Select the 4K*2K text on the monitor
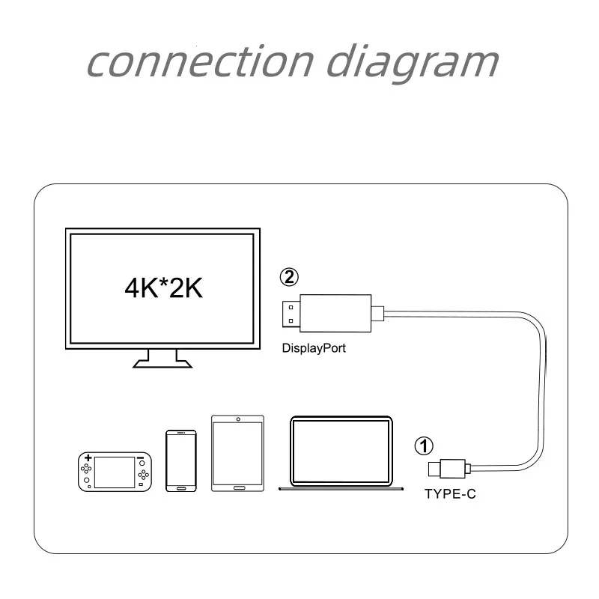[x=163, y=288]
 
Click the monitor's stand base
[x=162, y=363]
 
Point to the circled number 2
[x=289, y=277]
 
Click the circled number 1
[x=423, y=447]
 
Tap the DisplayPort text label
[x=314, y=348]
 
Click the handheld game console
[x=113, y=471]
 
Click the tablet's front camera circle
[x=238, y=419]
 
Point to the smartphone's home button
[x=180, y=488]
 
